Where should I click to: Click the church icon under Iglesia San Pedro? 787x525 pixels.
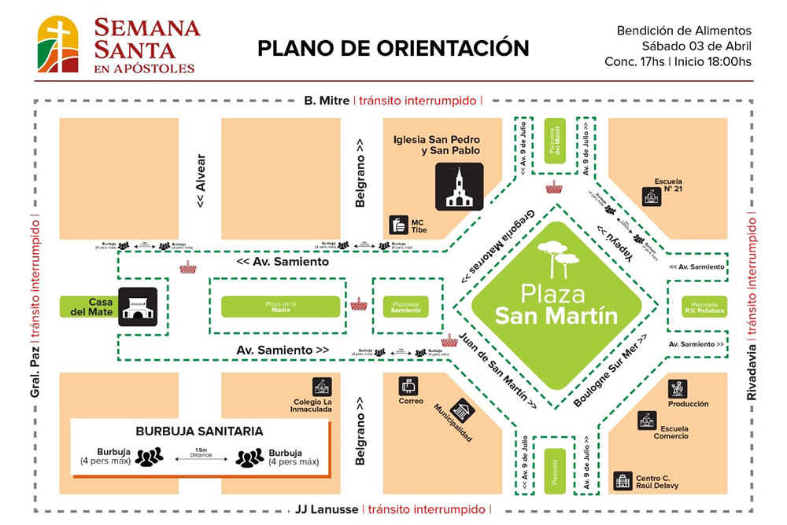[460, 187]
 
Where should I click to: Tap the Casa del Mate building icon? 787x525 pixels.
[139, 304]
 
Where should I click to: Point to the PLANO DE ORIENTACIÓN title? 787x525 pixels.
[393, 48]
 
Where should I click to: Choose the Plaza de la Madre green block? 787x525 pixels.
[280, 307]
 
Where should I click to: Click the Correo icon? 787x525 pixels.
[409, 386]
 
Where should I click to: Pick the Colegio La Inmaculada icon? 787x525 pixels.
[321, 387]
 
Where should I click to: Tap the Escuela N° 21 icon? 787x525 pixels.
[651, 196]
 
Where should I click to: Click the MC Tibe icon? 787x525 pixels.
[399, 225]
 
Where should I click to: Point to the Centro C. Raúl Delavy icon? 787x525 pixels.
[623, 481]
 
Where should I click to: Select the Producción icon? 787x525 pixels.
[677, 388]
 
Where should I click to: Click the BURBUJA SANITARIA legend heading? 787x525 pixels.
[199, 431]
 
